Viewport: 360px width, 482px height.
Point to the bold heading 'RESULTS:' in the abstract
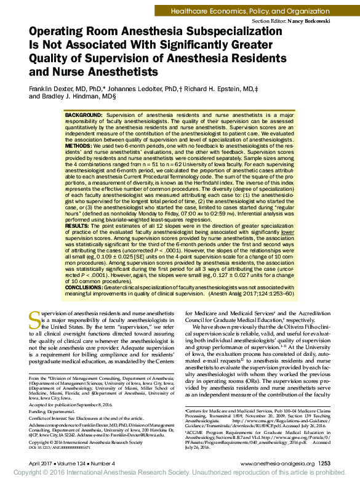pyautogui.click(x=80, y=227)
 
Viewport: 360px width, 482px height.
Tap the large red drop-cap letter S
pyautogui.click(x=35, y=319)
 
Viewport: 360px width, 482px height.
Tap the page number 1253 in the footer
pyautogui.click(x=326, y=462)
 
